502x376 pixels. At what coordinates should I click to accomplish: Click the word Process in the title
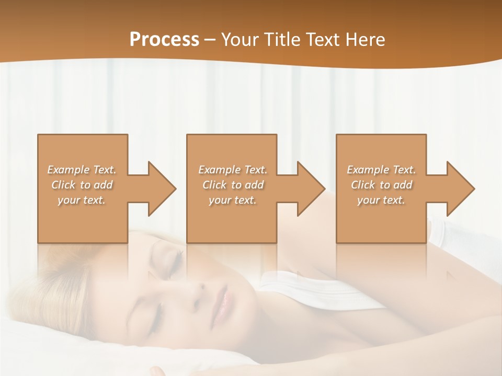pyautogui.click(x=164, y=39)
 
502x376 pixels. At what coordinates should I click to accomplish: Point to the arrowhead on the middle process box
pyautogui.click(x=311, y=189)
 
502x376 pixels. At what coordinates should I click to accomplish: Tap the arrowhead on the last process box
pyautogui.click(x=460, y=189)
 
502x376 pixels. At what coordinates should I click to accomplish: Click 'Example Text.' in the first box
pyautogui.click(x=82, y=170)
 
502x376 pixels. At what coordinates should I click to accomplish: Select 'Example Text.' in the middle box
pyautogui.click(x=232, y=170)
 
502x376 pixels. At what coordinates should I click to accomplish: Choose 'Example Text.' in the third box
pyautogui.click(x=381, y=170)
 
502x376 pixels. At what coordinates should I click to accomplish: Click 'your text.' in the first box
pyautogui.click(x=82, y=200)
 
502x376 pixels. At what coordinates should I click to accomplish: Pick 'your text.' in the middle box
pyautogui.click(x=232, y=200)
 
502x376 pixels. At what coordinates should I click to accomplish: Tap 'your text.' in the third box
pyautogui.click(x=381, y=200)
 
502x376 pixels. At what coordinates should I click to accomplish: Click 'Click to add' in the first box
pyautogui.click(x=82, y=185)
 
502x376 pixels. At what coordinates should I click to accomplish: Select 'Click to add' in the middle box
pyautogui.click(x=232, y=185)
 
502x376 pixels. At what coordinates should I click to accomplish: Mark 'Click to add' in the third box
pyautogui.click(x=381, y=185)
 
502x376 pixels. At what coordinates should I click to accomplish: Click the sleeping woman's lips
pyautogui.click(x=221, y=306)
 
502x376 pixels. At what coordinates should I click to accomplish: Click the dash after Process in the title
pyautogui.click(x=210, y=40)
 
